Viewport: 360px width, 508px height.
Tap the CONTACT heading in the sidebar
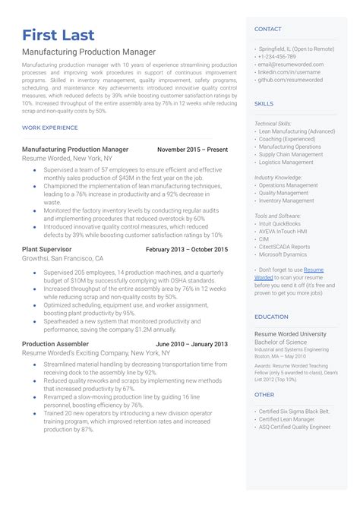267,29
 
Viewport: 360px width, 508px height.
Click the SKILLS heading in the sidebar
264,103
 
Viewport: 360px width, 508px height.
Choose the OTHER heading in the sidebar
264,394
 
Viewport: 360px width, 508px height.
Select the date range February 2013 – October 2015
186,249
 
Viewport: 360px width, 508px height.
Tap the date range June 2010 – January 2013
191,344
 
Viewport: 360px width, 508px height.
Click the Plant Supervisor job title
47,249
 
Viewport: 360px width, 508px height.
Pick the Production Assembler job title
55,344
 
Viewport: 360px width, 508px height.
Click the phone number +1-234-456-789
277,57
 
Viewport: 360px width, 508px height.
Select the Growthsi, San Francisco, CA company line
63,258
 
